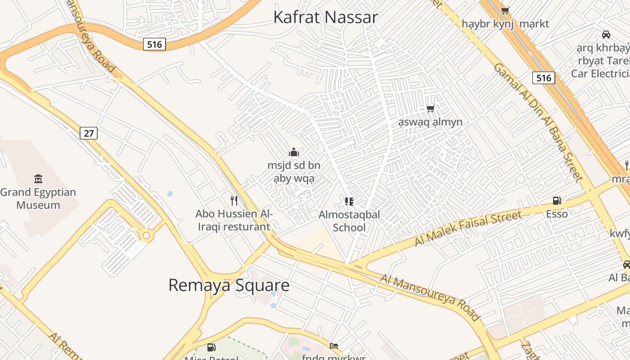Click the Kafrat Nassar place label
(x=325, y=17)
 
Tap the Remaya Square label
(x=229, y=285)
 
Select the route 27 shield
(x=89, y=133)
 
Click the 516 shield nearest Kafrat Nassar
(x=155, y=44)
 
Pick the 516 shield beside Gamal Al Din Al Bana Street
(x=544, y=78)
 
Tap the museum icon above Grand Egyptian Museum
(x=38, y=179)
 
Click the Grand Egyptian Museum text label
(x=38, y=198)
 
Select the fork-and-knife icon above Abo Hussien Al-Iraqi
(x=234, y=201)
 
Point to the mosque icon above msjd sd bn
(x=294, y=152)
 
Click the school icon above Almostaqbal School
(x=349, y=201)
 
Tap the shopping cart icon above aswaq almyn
(x=431, y=108)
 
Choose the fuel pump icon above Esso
(x=557, y=201)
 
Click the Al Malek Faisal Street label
(x=468, y=228)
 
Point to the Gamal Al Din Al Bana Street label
(x=538, y=122)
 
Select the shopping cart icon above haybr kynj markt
(x=505, y=10)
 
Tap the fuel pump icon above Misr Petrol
(x=211, y=347)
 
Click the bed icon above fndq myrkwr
(x=333, y=346)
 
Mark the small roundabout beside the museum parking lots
(x=146, y=236)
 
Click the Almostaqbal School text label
(x=349, y=221)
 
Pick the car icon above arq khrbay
(x=606, y=35)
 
